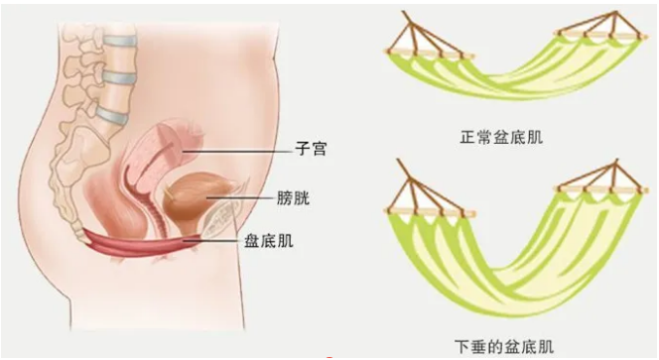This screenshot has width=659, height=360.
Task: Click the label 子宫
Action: pos(311,150)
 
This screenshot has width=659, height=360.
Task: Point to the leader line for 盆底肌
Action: pos(228,239)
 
